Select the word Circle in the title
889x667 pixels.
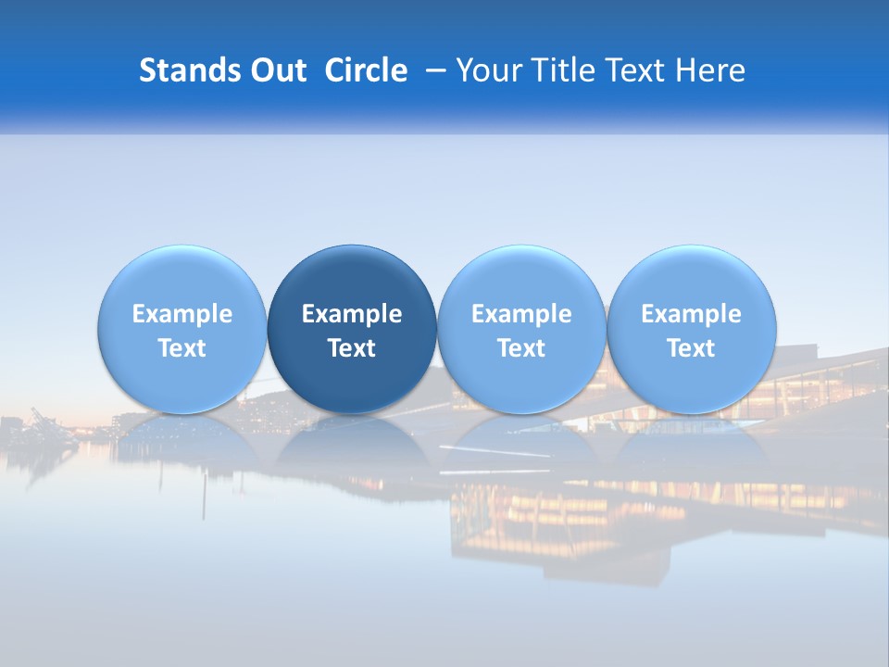[x=366, y=70]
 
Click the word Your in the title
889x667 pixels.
[x=490, y=70]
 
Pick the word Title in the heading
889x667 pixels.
[x=564, y=70]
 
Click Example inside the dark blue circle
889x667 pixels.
[x=352, y=314]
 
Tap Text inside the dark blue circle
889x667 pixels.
[x=352, y=348]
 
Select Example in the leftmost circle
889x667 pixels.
[x=182, y=314]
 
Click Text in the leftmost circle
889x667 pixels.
[x=182, y=348]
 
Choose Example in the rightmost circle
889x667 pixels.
[x=691, y=314]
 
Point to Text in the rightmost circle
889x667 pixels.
[x=691, y=348]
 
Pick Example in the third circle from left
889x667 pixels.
[x=521, y=314]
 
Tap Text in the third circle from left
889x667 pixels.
[x=521, y=348]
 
